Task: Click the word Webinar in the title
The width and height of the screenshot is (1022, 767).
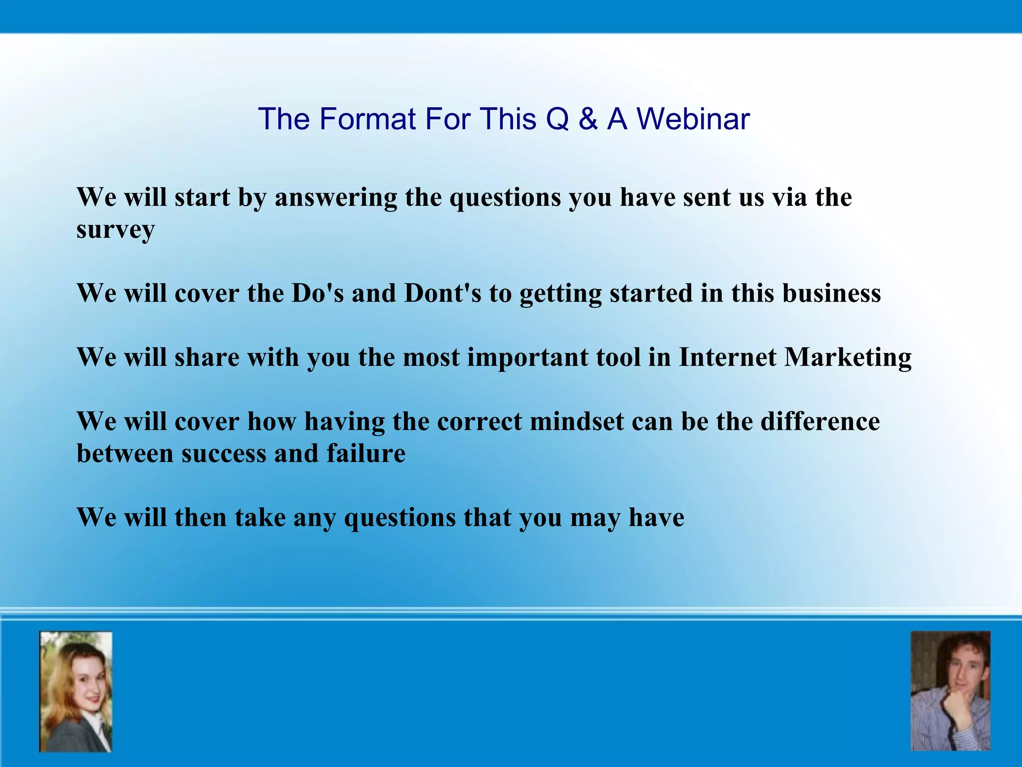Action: tap(693, 119)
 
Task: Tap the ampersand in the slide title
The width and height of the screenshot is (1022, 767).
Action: tap(588, 119)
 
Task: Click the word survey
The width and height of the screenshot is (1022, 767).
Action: tap(115, 230)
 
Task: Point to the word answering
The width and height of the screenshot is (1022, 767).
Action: tap(336, 198)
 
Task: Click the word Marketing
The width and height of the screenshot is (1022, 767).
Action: tap(848, 358)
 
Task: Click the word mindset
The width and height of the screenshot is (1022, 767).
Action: tap(577, 421)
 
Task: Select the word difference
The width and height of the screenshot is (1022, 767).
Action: tap(820, 421)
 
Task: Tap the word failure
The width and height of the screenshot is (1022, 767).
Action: tap(366, 453)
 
